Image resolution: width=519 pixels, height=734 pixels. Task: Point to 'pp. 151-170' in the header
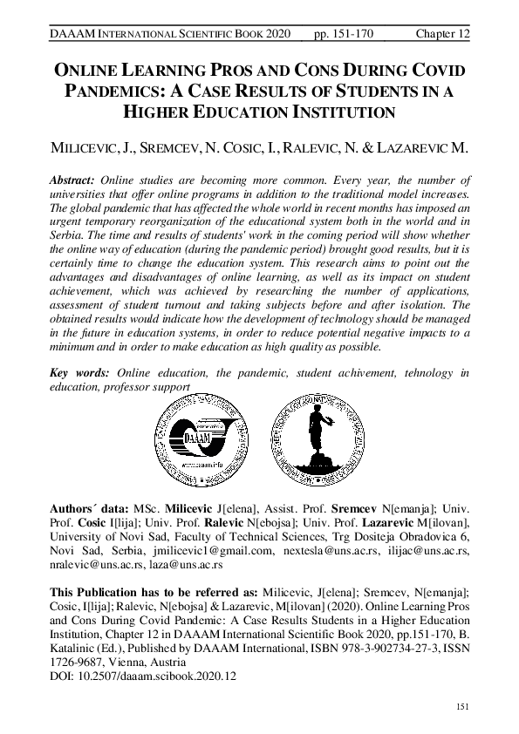(344, 33)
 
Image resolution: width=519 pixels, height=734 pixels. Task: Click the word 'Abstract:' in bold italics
(74, 179)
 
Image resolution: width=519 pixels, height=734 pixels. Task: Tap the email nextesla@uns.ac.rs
(321, 551)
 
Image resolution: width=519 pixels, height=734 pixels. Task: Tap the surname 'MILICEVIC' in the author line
(85, 148)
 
